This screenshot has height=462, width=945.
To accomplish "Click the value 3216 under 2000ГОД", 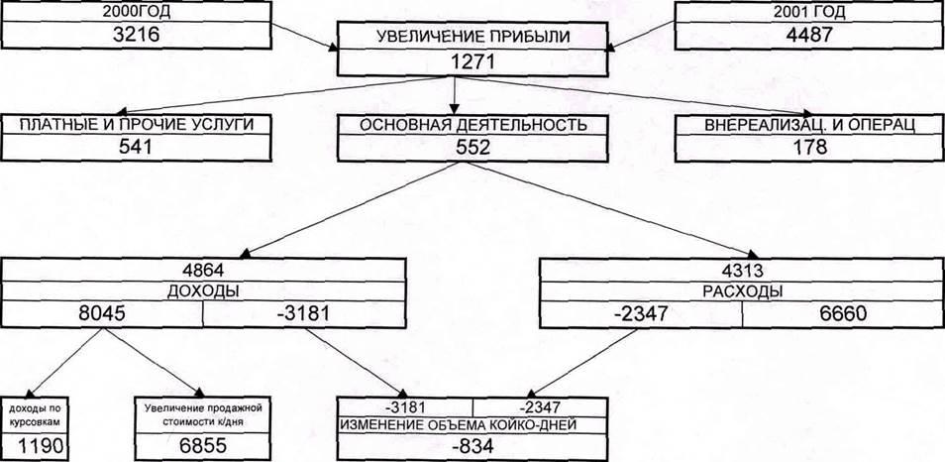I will pos(135,35).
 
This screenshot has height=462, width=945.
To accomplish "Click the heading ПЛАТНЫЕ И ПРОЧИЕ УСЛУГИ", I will pos(138,125).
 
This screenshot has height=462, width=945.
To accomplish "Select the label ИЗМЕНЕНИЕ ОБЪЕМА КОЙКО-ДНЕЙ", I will pos(472,425).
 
